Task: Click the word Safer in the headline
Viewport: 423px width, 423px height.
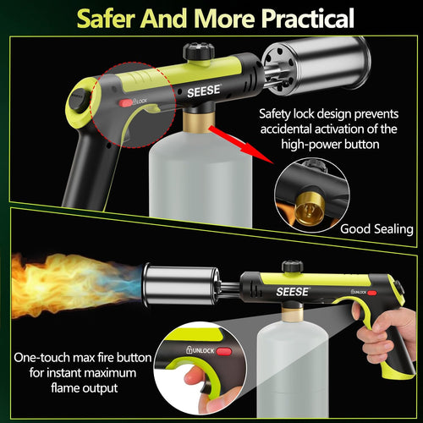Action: point(107,18)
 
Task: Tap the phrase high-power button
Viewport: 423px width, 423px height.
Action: point(343,146)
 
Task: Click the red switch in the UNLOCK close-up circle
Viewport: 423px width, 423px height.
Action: point(224,350)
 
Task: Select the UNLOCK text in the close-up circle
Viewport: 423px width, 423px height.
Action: point(199,350)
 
